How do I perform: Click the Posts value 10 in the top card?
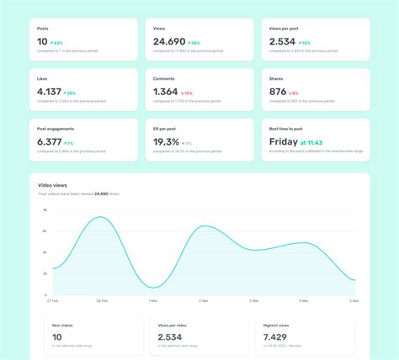(x=42, y=41)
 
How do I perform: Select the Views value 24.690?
(x=170, y=41)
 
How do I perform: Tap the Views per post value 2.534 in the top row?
(x=282, y=41)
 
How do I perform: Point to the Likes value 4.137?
(x=49, y=92)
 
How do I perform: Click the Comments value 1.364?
(x=166, y=92)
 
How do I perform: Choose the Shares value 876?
(x=278, y=92)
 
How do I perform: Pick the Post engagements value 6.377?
(x=50, y=142)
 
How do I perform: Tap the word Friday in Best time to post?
(x=284, y=142)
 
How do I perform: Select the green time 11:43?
(x=311, y=143)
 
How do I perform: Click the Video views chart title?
(x=52, y=184)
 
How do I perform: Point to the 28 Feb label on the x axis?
(x=101, y=300)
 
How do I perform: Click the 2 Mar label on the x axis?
(x=203, y=300)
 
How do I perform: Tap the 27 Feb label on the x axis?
(x=52, y=300)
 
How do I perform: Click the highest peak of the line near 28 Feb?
(x=100, y=217)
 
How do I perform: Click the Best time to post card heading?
(x=287, y=129)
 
